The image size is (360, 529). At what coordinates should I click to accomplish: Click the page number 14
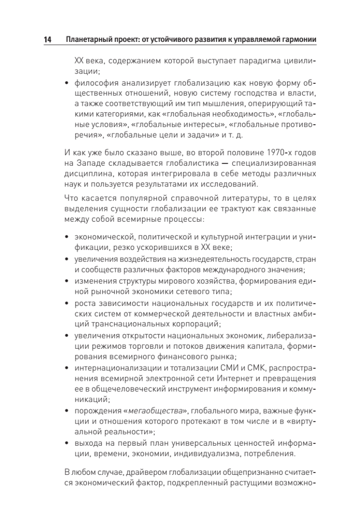pyautogui.click(x=47, y=40)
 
